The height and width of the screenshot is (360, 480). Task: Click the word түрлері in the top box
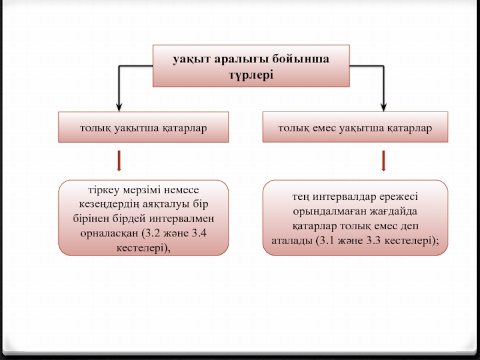[251, 75]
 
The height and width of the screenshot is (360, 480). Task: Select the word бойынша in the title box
[301, 58]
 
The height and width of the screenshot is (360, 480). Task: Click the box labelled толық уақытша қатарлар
[143, 127]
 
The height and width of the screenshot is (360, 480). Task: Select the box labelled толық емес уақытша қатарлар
[355, 127]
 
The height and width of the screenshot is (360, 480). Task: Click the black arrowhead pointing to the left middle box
[119, 107]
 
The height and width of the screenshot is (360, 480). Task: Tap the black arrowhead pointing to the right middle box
[383, 107]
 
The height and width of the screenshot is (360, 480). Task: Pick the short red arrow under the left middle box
[119, 161]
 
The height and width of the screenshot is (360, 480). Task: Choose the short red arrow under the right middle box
[383, 161]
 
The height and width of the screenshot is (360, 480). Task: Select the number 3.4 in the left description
[199, 233]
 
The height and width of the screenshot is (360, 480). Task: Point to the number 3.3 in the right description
[374, 241]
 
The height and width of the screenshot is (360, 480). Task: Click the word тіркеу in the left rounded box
[103, 190]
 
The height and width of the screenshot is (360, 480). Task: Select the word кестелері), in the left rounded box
[143, 248]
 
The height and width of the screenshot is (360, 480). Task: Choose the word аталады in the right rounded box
[292, 241]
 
